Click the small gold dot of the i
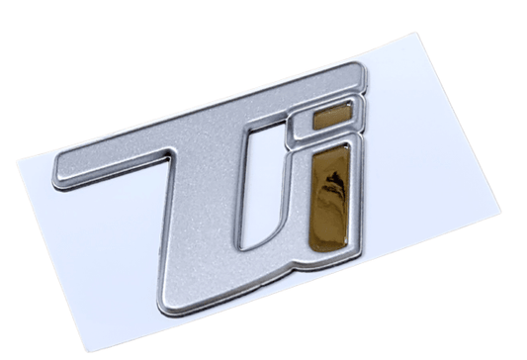tap(330, 118)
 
